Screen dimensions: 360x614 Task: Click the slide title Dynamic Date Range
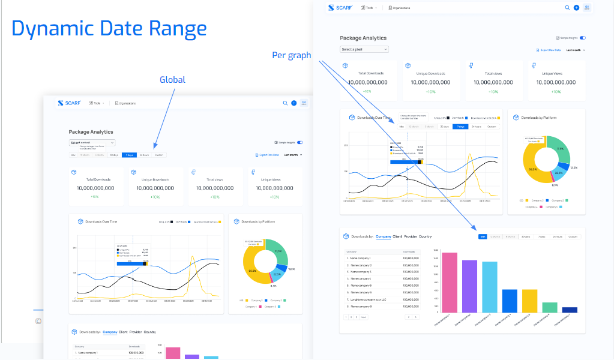pos(109,28)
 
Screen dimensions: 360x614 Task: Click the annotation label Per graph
pos(291,55)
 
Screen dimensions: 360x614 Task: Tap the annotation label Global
pos(172,80)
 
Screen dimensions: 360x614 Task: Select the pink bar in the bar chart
pos(449,282)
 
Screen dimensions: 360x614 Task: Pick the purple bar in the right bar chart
pos(469,286)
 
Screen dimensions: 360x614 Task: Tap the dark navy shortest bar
pos(570,310)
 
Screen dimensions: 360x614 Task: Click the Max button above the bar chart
pos(483,236)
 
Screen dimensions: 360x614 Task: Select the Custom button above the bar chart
pos(573,236)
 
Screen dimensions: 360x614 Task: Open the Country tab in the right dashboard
pos(425,236)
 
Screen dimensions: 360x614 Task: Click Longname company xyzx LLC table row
pos(370,299)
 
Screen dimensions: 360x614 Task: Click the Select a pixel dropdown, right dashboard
pos(364,49)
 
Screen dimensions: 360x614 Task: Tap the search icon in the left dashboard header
pos(285,103)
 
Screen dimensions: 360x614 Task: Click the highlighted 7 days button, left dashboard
pos(129,155)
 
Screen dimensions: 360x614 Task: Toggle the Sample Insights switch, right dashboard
pos(582,37)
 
